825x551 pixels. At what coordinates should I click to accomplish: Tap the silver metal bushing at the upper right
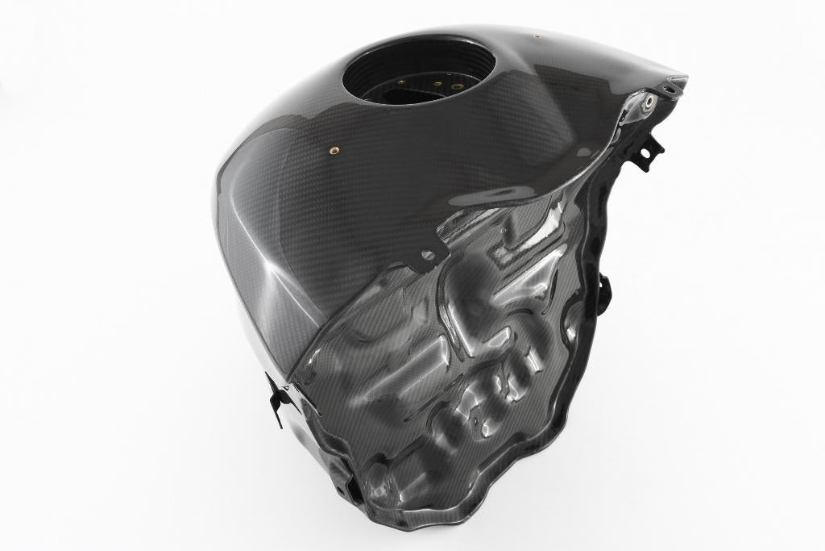click(x=648, y=101)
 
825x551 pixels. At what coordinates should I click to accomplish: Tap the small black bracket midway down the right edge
click(x=603, y=282)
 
